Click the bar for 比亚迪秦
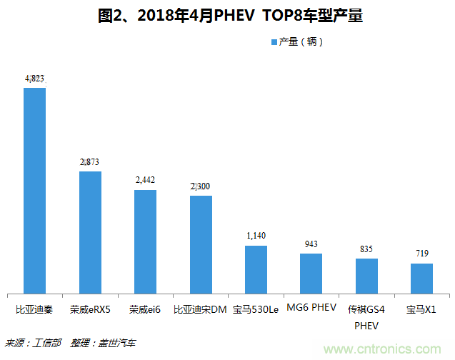click(x=34, y=190)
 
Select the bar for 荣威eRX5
click(x=90, y=232)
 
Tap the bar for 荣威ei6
click(x=145, y=241)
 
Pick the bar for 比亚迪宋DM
click(x=201, y=244)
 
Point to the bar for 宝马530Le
click(x=256, y=269)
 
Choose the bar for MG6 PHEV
click(x=311, y=273)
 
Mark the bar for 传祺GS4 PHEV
click(x=366, y=276)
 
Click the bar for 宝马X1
click(x=421, y=278)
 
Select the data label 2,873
click(x=90, y=162)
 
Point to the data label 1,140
click(x=256, y=236)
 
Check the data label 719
click(x=421, y=254)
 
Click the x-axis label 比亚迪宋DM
click(x=201, y=309)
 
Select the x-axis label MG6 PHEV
click(x=311, y=309)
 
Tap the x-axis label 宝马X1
click(x=421, y=309)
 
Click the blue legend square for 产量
click(x=274, y=42)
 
